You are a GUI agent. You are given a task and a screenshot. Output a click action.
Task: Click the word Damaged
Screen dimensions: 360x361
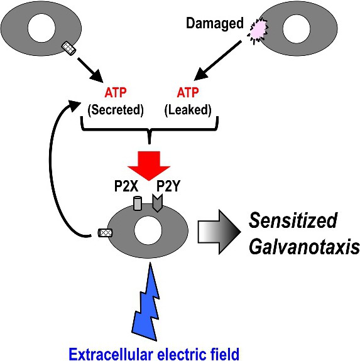(x=215, y=24)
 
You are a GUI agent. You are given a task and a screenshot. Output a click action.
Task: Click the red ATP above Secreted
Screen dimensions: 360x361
(x=116, y=92)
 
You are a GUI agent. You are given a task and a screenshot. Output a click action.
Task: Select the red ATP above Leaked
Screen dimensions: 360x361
(x=188, y=92)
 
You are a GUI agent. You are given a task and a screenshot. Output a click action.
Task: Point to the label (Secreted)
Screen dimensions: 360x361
(x=116, y=110)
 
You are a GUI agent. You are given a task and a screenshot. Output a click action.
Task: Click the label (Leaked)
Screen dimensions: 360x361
(x=188, y=110)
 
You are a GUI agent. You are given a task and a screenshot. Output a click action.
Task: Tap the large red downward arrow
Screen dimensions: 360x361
(x=149, y=166)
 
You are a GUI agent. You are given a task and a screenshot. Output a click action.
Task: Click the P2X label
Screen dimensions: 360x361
(x=126, y=186)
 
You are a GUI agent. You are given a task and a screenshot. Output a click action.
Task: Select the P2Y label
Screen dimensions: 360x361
(x=168, y=186)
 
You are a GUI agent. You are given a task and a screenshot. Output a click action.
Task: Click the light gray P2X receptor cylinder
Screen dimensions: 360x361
(x=138, y=203)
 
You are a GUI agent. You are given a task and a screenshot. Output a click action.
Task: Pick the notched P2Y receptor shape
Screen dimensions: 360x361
(x=158, y=203)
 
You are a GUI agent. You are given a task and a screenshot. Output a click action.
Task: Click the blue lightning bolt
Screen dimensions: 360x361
(x=146, y=301)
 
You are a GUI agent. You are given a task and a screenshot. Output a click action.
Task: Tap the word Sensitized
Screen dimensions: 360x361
(x=293, y=220)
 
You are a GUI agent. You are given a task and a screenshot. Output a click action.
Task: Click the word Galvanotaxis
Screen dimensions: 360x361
(x=304, y=247)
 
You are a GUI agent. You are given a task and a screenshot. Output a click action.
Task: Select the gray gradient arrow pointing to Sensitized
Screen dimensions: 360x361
(x=219, y=232)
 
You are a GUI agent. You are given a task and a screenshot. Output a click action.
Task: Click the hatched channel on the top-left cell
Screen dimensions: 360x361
(x=69, y=48)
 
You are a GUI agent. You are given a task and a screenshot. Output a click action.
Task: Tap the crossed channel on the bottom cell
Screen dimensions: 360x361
(x=106, y=233)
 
